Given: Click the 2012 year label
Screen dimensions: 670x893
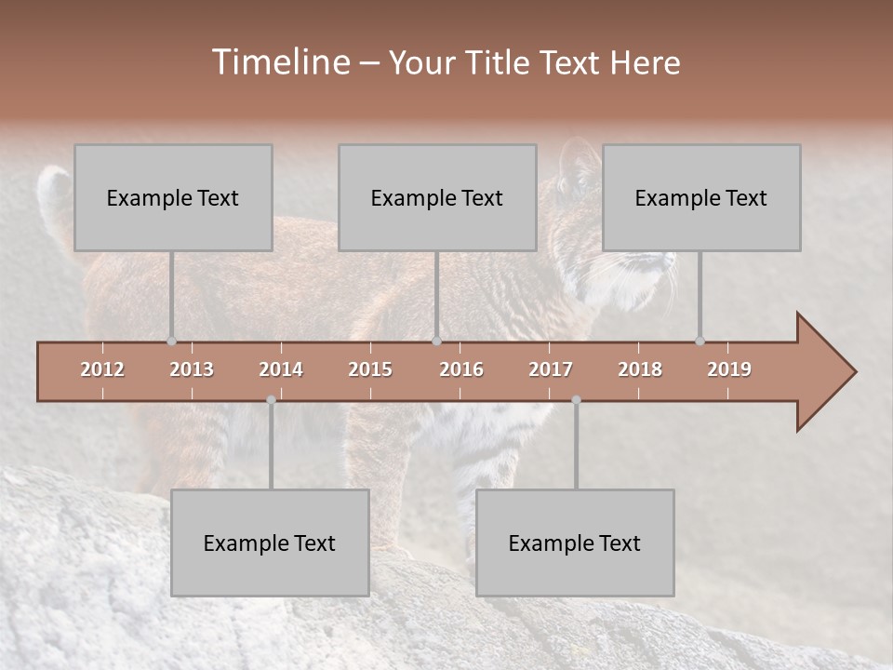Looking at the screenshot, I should pos(102,369).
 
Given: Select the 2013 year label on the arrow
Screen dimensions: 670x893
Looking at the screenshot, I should pos(192,369).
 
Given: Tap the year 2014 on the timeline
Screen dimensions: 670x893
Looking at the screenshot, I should pos(281,369).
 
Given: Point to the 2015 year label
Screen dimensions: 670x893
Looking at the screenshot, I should pos(370,369).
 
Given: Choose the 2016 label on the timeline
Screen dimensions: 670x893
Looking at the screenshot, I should pos(461,369).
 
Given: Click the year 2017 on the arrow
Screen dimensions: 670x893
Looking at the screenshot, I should pos(551,369).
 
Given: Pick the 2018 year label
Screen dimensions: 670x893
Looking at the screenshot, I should pos(640,369).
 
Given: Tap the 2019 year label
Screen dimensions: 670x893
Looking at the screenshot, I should pos(729,369).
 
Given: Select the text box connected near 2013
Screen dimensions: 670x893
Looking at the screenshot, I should pos(173,197).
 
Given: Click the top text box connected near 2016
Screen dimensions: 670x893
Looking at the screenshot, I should pos(437,197).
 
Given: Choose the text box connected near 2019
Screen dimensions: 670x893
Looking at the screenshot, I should pos(701,197).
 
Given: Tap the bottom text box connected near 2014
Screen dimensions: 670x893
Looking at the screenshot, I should pos(270,543).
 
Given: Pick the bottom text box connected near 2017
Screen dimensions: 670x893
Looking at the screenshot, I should pos(575,543).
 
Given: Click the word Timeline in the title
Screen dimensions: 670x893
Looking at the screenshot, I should pos(279,62).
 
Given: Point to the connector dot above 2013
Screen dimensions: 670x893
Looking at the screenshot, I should pos(171,342).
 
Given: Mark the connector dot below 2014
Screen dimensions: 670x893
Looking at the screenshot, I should pos(271,400).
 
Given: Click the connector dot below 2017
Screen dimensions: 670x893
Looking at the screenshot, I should pos(576,400).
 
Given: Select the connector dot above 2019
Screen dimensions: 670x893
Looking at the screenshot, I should pos(700,342).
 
